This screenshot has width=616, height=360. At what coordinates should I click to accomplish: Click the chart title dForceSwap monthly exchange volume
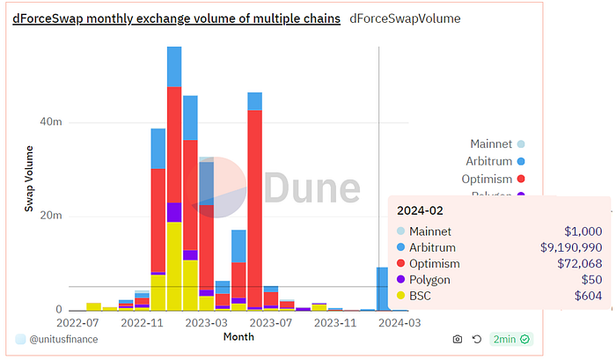click(176, 18)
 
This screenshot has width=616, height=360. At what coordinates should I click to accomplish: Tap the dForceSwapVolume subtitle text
click(405, 18)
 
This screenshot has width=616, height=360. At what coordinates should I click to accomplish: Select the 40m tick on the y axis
click(51, 121)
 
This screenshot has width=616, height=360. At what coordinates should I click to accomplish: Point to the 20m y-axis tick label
click(51, 216)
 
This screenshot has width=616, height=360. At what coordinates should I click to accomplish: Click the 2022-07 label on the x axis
click(77, 323)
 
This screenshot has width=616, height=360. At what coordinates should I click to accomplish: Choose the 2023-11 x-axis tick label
click(335, 323)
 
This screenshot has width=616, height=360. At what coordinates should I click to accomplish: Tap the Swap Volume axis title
click(29, 179)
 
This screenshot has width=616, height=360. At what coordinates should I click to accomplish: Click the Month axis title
click(238, 337)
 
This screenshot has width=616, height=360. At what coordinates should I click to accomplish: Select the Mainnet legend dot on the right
click(521, 144)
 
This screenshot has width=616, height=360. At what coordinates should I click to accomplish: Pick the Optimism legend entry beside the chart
click(493, 180)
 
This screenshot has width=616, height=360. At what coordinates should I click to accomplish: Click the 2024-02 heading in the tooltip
click(420, 211)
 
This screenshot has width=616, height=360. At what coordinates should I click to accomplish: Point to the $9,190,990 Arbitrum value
click(571, 247)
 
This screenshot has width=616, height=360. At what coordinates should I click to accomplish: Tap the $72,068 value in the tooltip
click(579, 264)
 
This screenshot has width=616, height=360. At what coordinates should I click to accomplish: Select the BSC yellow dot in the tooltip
click(400, 296)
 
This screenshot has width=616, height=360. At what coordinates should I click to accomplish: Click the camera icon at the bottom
click(458, 339)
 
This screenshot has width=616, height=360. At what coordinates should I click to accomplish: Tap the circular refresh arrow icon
click(477, 339)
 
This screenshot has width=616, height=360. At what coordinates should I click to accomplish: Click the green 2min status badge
click(511, 339)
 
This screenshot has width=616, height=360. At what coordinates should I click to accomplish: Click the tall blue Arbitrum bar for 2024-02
click(382, 289)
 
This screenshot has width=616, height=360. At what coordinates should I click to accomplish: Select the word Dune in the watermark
click(312, 188)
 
